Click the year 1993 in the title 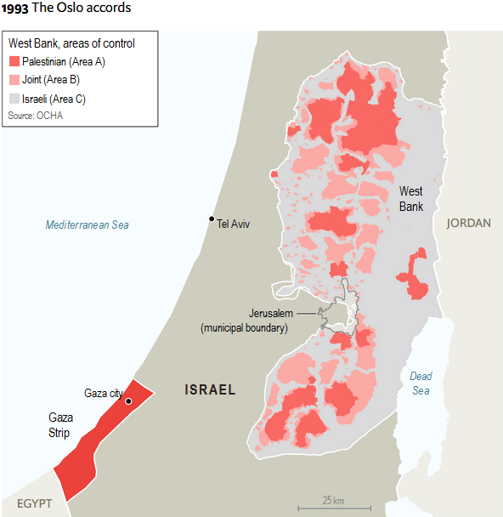(x=14, y=8)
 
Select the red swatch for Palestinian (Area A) (x=14, y=62)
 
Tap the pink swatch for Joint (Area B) (x=14, y=80)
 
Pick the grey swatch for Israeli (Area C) (x=14, y=99)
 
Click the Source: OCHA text (x=35, y=115)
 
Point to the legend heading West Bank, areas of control (x=71, y=43)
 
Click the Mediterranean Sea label (x=87, y=224)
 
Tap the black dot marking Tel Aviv (x=212, y=219)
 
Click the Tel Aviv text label (x=235, y=224)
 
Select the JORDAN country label (x=468, y=223)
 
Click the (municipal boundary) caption (x=244, y=327)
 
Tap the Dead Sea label (x=421, y=383)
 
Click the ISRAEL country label (x=210, y=390)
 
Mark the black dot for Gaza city (x=128, y=401)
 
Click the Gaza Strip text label (x=60, y=425)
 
